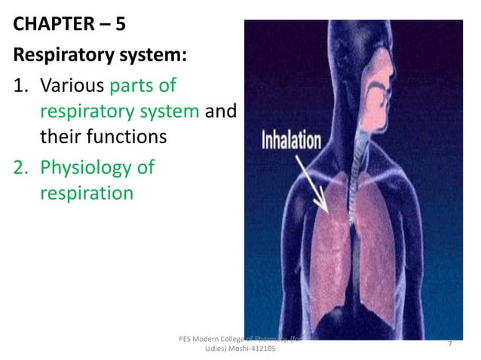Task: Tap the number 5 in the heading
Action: point(119,23)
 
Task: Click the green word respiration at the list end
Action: point(85,193)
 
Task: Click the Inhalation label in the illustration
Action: point(291,142)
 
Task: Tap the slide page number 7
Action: point(449,343)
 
